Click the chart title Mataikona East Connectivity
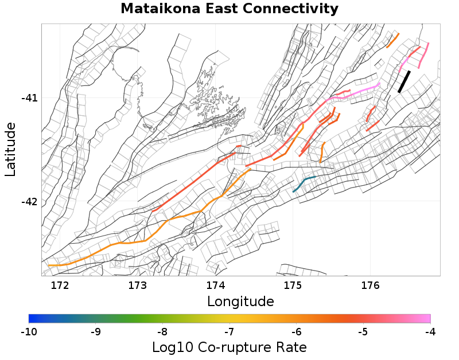[x=229, y=9]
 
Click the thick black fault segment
[x=404, y=81]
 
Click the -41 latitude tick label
[x=29, y=98]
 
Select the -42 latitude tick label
[x=29, y=202]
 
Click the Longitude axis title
[x=240, y=302]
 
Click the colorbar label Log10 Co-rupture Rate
[x=229, y=347]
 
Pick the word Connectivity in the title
[x=287, y=9]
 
